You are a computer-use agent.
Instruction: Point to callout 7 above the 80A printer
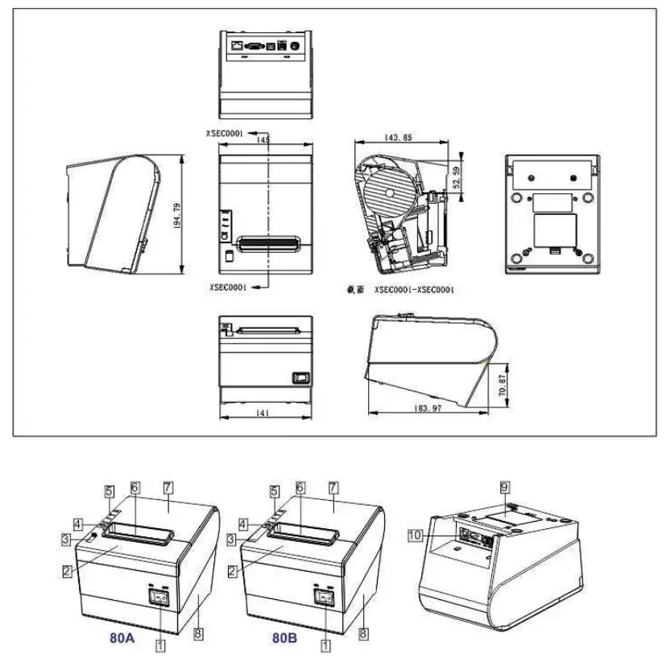(168, 488)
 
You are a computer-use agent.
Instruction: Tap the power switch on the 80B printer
(325, 598)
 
